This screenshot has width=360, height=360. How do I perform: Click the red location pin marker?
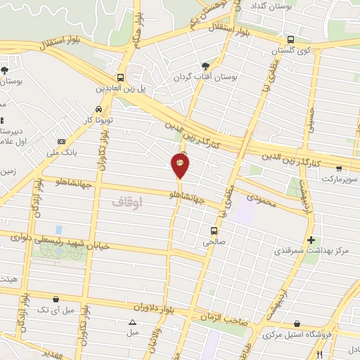tap(181, 165)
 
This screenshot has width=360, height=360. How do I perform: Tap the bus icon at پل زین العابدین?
tap(121, 77)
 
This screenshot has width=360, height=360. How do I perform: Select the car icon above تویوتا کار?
tap(98, 109)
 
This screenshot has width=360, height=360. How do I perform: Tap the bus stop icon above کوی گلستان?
tap(291, 40)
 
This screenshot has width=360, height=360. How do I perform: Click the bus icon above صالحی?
tap(214, 230)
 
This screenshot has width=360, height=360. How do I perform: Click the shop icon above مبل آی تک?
tap(55, 298)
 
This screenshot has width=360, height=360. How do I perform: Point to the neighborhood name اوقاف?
tap(127, 202)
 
